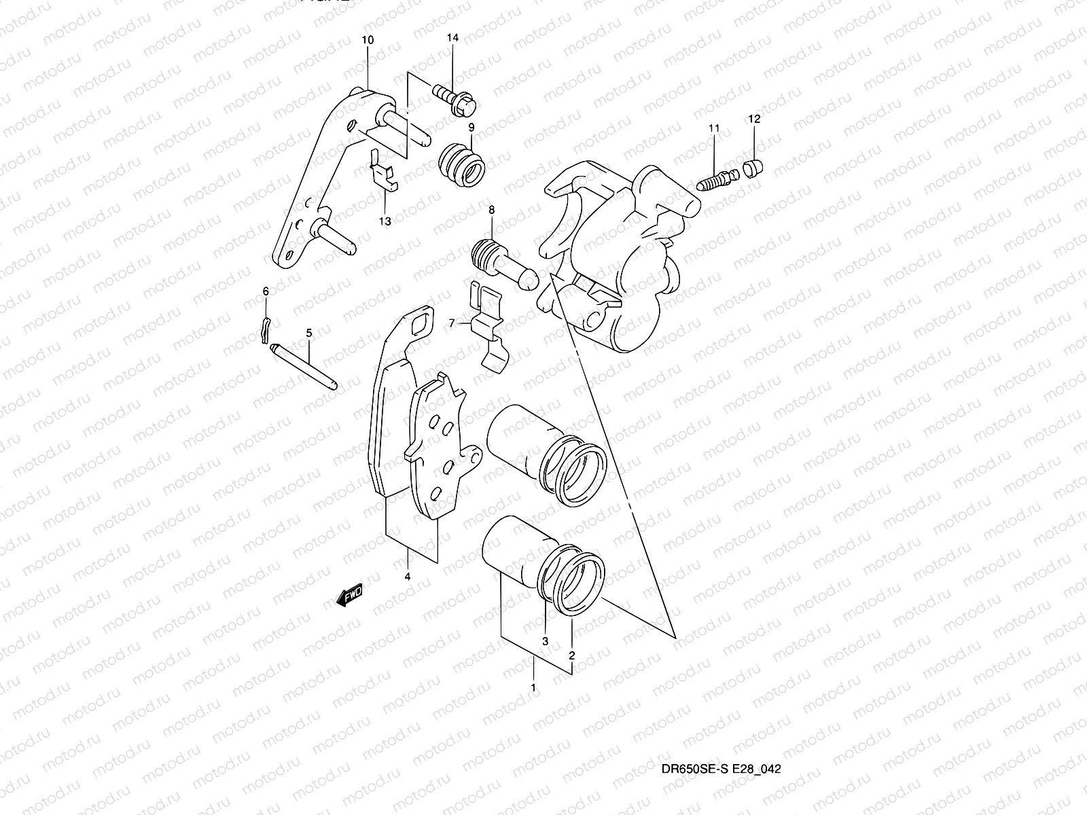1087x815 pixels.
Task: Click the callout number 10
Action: click(x=367, y=40)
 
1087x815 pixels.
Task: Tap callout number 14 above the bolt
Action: click(x=452, y=38)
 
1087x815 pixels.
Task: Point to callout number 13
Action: click(x=385, y=221)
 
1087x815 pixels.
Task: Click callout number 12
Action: click(x=755, y=119)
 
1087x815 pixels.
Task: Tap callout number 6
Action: click(x=266, y=291)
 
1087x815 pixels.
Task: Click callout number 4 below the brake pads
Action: click(x=407, y=577)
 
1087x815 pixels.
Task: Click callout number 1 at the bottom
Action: click(x=533, y=687)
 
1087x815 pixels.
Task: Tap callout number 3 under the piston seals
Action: click(x=545, y=640)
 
